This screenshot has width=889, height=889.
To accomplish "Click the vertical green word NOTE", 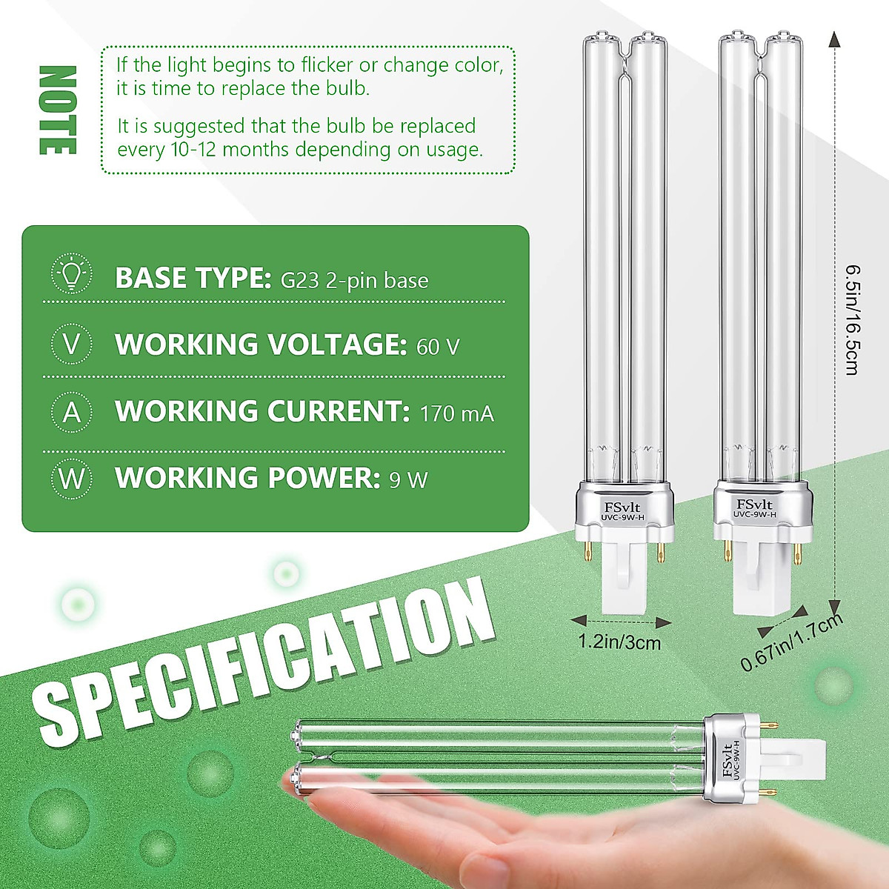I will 57,110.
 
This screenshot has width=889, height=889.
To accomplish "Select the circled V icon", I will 72,344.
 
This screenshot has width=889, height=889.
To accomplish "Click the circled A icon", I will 72,412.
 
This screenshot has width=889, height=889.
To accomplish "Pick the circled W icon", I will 72,479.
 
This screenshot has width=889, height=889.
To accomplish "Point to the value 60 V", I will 438,346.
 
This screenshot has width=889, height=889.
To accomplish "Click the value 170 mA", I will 456,413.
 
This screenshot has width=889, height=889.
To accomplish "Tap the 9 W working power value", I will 408,479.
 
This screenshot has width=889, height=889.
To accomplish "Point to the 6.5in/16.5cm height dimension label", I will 851,319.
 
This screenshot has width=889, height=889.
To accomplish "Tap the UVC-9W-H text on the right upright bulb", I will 755,513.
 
